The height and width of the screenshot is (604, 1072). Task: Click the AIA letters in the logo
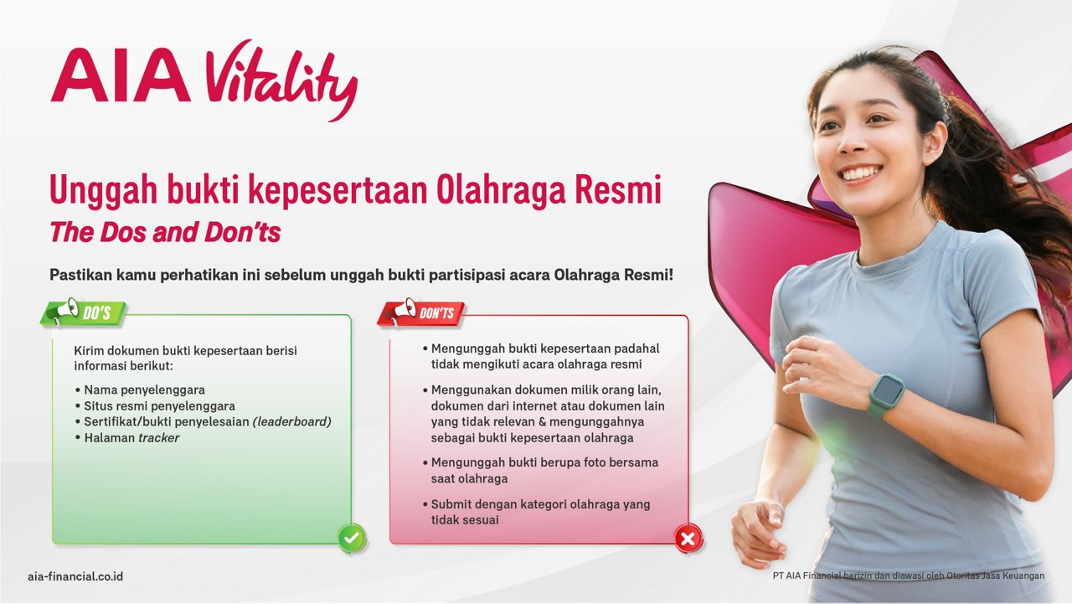pos(121,75)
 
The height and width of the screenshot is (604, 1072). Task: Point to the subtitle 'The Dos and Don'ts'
pos(165,232)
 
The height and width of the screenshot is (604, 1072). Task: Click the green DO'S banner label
pos(96,313)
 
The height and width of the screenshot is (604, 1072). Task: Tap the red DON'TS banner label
pos(436,313)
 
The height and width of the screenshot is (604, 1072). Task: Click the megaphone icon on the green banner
pos(65,310)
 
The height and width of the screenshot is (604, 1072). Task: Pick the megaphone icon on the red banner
pos(402,310)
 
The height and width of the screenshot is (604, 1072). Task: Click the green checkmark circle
pos(352,539)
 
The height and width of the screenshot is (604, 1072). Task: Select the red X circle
pos(688,539)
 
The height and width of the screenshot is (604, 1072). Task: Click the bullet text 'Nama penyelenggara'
pos(145,390)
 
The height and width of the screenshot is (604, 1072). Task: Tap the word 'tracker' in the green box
pos(158,437)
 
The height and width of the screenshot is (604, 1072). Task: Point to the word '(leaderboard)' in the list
pos(292,421)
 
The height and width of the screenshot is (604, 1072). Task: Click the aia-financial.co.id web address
pos(75,576)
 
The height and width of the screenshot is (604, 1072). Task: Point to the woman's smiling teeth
pos(862,173)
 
